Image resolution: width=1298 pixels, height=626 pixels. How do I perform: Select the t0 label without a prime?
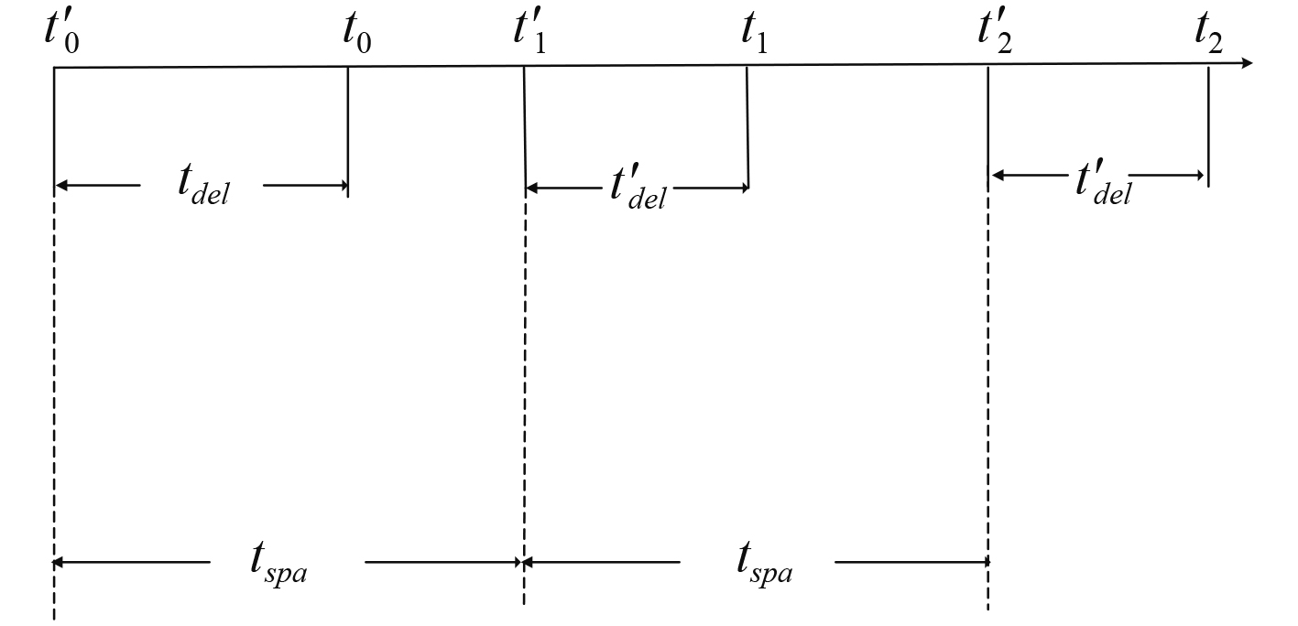pyautogui.click(x=356, y=37)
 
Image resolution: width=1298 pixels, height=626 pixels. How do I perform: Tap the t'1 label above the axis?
pyautogui.click(x=530, y=37)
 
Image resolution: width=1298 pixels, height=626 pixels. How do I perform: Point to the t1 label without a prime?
pyautogui.click(x=754, y=37)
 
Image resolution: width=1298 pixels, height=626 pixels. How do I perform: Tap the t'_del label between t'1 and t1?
pyautogui.click(x=638, y=189)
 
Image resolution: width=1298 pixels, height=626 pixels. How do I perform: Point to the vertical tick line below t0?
pyautogui.click(x=348, y=128)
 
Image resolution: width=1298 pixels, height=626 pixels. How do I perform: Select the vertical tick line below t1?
pyautogui.click(x=747, y=128)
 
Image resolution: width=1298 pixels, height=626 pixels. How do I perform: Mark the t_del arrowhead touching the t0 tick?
pyautogui.click(x=341, y=186)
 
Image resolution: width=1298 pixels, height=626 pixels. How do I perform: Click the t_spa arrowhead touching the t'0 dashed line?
pyautogui.click(x=61, y=561)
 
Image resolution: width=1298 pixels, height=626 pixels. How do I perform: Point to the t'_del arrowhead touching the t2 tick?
pyautogui.click(x=1201, y=175)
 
